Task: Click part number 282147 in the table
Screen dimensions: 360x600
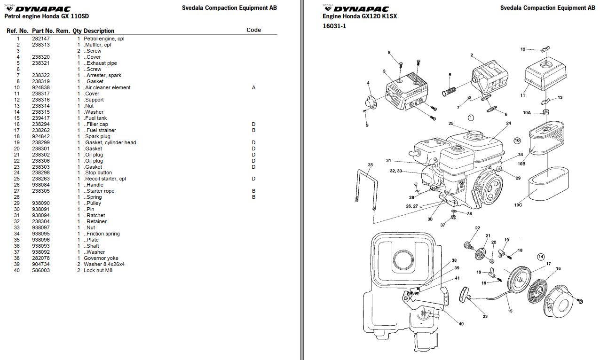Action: pos(40,39)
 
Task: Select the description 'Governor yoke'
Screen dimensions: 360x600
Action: pos(101,258)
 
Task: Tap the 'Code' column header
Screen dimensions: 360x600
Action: pos(253,30)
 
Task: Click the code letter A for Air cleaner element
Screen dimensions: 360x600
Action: pos(253,87)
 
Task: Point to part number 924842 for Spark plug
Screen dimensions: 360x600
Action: pos(40,136)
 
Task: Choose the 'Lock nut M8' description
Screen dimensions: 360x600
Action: pos(98,270)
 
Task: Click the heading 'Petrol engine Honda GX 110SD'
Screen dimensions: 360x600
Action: pos(46,16)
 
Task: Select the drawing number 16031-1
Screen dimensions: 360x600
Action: pos(334,26)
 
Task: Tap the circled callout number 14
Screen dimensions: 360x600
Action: pos(541,257)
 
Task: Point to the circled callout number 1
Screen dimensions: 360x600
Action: pos(471,117)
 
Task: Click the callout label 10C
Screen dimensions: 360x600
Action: pos(517,205)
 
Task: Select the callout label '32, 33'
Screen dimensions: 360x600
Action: pos(396,171)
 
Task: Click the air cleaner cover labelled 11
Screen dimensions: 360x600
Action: pos(545,75)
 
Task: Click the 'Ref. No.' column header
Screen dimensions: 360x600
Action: pos(17,31)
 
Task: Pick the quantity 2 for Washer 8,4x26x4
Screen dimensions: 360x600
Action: pos(79,264)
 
